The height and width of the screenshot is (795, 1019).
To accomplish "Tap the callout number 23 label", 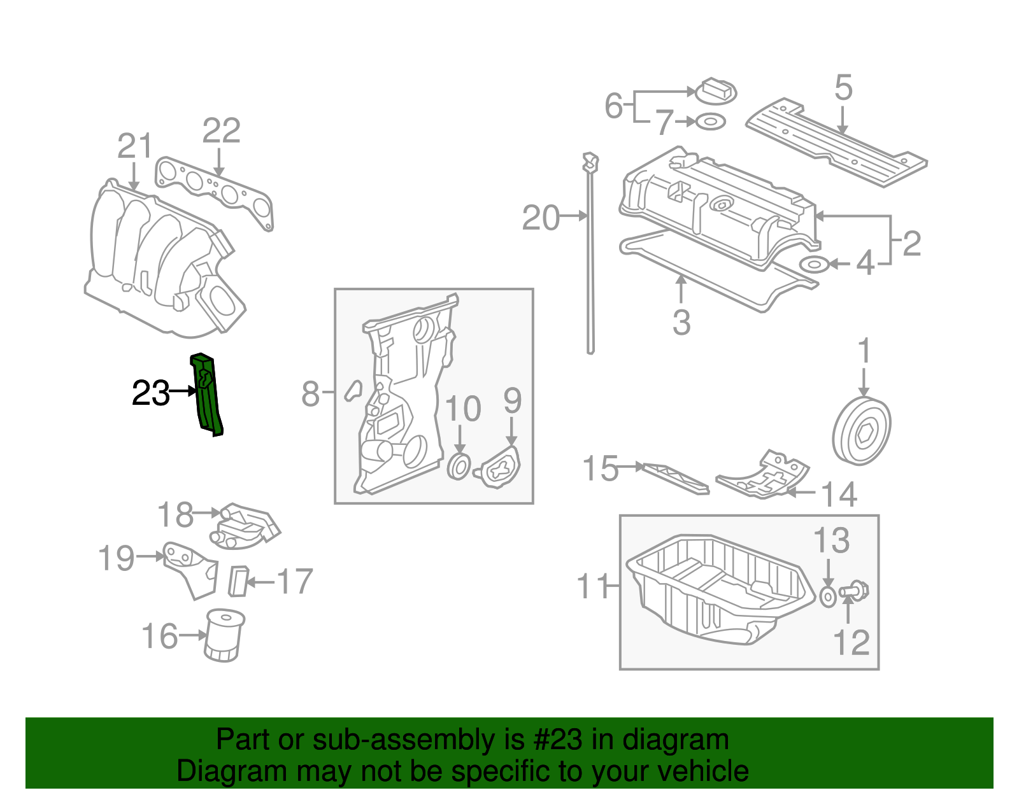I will point(150,393).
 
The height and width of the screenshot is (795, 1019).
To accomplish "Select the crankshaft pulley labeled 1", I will point(861,432).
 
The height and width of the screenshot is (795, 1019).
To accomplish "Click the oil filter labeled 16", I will point(224,635).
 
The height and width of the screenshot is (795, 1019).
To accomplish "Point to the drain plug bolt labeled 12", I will point(853,591).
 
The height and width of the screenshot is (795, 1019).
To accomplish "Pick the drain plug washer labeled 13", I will point(827,597).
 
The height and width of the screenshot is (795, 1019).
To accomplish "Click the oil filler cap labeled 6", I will point(715,90).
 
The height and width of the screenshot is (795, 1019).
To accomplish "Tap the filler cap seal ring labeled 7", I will point(711,121).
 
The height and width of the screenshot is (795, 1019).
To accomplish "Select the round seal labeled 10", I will point(459,467).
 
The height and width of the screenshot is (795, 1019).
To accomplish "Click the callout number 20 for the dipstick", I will point(541,218).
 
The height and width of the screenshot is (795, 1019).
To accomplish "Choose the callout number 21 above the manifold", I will point(135,146).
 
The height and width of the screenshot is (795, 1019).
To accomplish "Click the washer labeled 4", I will point(813,264).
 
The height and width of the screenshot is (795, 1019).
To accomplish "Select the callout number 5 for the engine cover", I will point(843,88).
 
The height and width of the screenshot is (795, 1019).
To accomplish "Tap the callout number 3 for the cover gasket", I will point(681,323).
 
